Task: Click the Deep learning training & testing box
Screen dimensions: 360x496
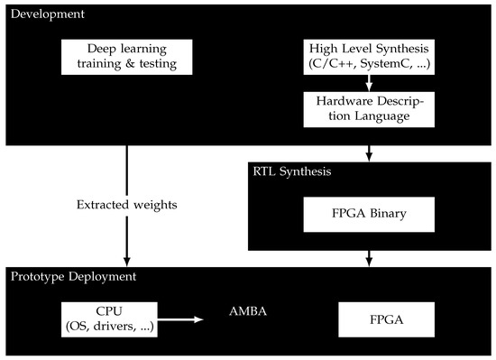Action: tap(119, 57)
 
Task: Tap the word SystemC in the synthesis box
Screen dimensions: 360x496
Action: tap(389, 64)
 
